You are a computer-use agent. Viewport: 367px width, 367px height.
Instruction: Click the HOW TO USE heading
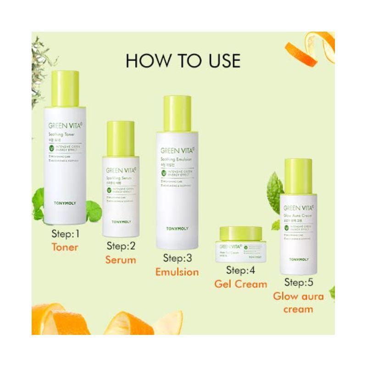(183, 61)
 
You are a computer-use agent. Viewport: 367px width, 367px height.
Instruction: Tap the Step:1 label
(65, 234)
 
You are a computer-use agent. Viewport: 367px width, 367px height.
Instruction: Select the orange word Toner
(65, 248)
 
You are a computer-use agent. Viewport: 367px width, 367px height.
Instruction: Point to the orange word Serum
(121, 260)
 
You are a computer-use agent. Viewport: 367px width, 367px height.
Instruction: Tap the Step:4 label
(241, 270)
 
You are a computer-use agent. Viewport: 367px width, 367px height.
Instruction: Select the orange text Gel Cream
(241, 284)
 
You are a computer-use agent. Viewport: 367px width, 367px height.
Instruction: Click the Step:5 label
(299, 282)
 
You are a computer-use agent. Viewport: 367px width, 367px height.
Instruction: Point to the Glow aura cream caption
(299, 302)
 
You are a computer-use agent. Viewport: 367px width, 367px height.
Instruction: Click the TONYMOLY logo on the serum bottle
(121, 222)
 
